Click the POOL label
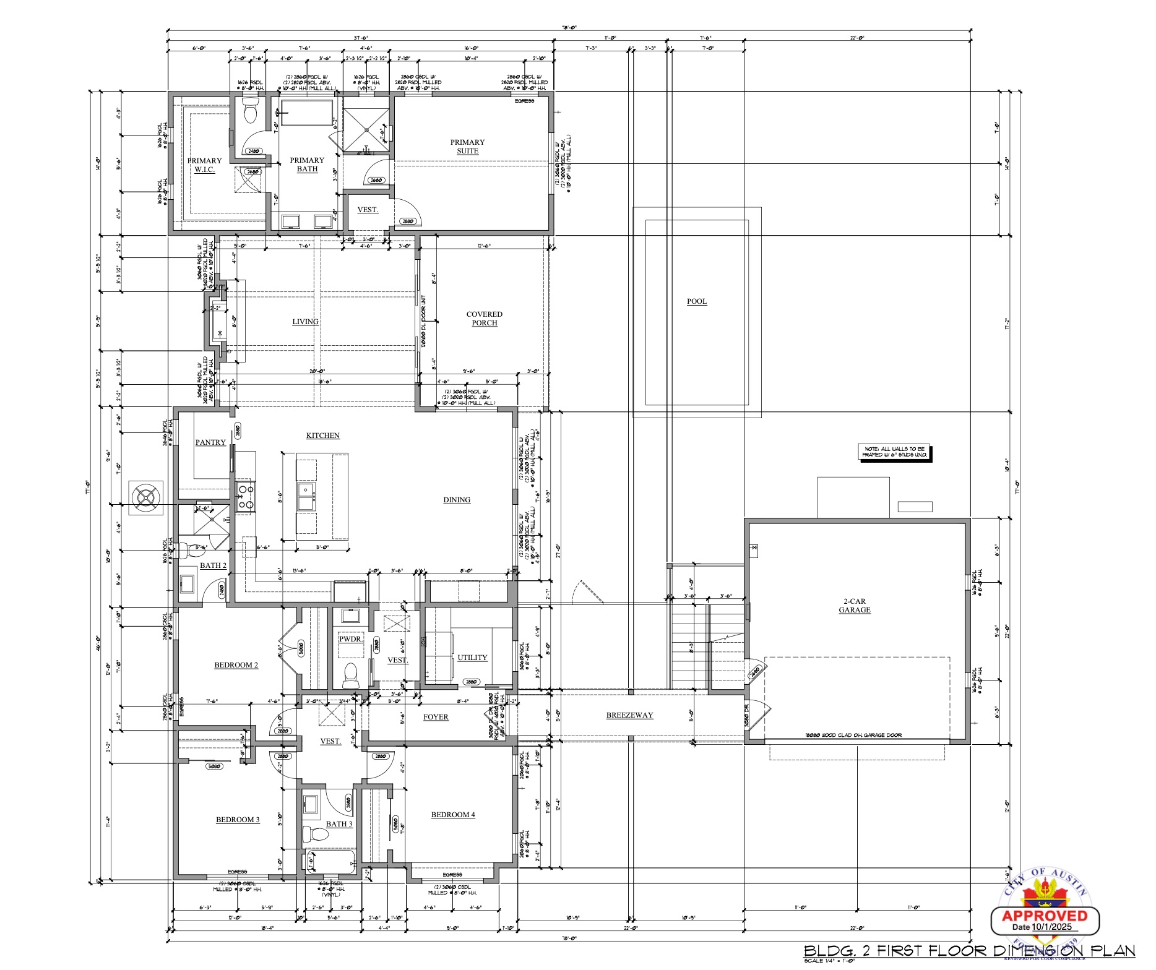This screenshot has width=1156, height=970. point(696,301)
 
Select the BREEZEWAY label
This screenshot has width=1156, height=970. point(629,715)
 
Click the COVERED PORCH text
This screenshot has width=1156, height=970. point(484,319)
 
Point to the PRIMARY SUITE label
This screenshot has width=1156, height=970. point(467,147)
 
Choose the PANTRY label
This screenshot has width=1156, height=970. point(210,442)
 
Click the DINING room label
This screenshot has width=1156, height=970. point(457,500)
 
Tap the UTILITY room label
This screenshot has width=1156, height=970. point(472,658)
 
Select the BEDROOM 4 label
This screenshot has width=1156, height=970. point(453,815)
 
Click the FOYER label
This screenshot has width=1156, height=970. point(436,717)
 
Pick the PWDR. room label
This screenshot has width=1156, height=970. point(350,638)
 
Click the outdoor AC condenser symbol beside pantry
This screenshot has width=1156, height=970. point(146,497)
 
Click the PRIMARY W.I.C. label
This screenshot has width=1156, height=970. point(204,165)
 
